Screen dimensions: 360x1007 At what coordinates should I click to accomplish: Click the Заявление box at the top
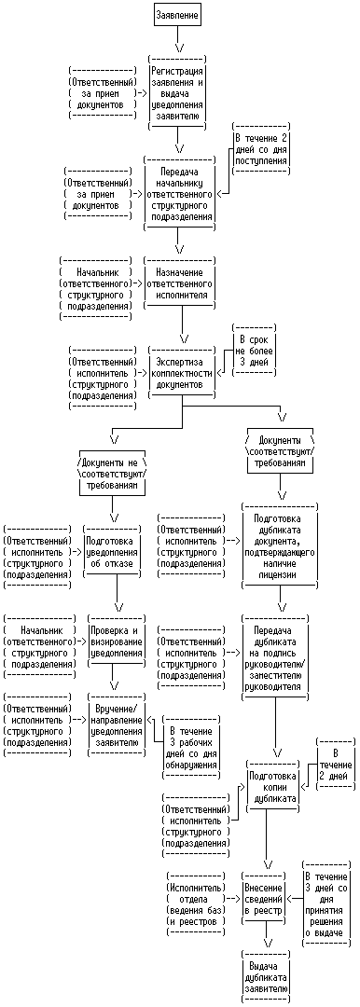coord(178,14)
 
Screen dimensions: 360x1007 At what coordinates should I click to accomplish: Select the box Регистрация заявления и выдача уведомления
coord(178,93)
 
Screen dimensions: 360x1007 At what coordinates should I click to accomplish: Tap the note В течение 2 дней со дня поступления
coord(261,149)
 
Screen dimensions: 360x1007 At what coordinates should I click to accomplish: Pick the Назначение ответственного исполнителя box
coord(179,283)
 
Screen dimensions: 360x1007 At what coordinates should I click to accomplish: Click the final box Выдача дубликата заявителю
coord(265,976)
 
